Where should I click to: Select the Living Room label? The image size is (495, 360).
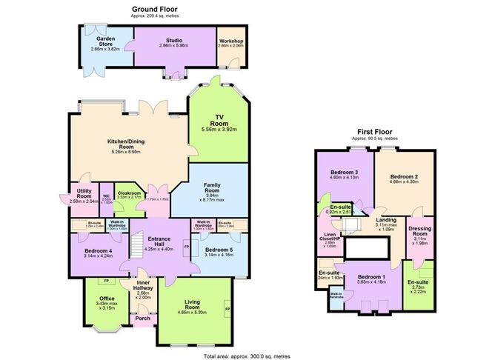(196, 303)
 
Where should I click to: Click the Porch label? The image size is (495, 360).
(142, 319)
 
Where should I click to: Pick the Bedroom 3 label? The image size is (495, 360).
(343, 175)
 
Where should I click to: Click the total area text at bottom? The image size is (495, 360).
(247, 355)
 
